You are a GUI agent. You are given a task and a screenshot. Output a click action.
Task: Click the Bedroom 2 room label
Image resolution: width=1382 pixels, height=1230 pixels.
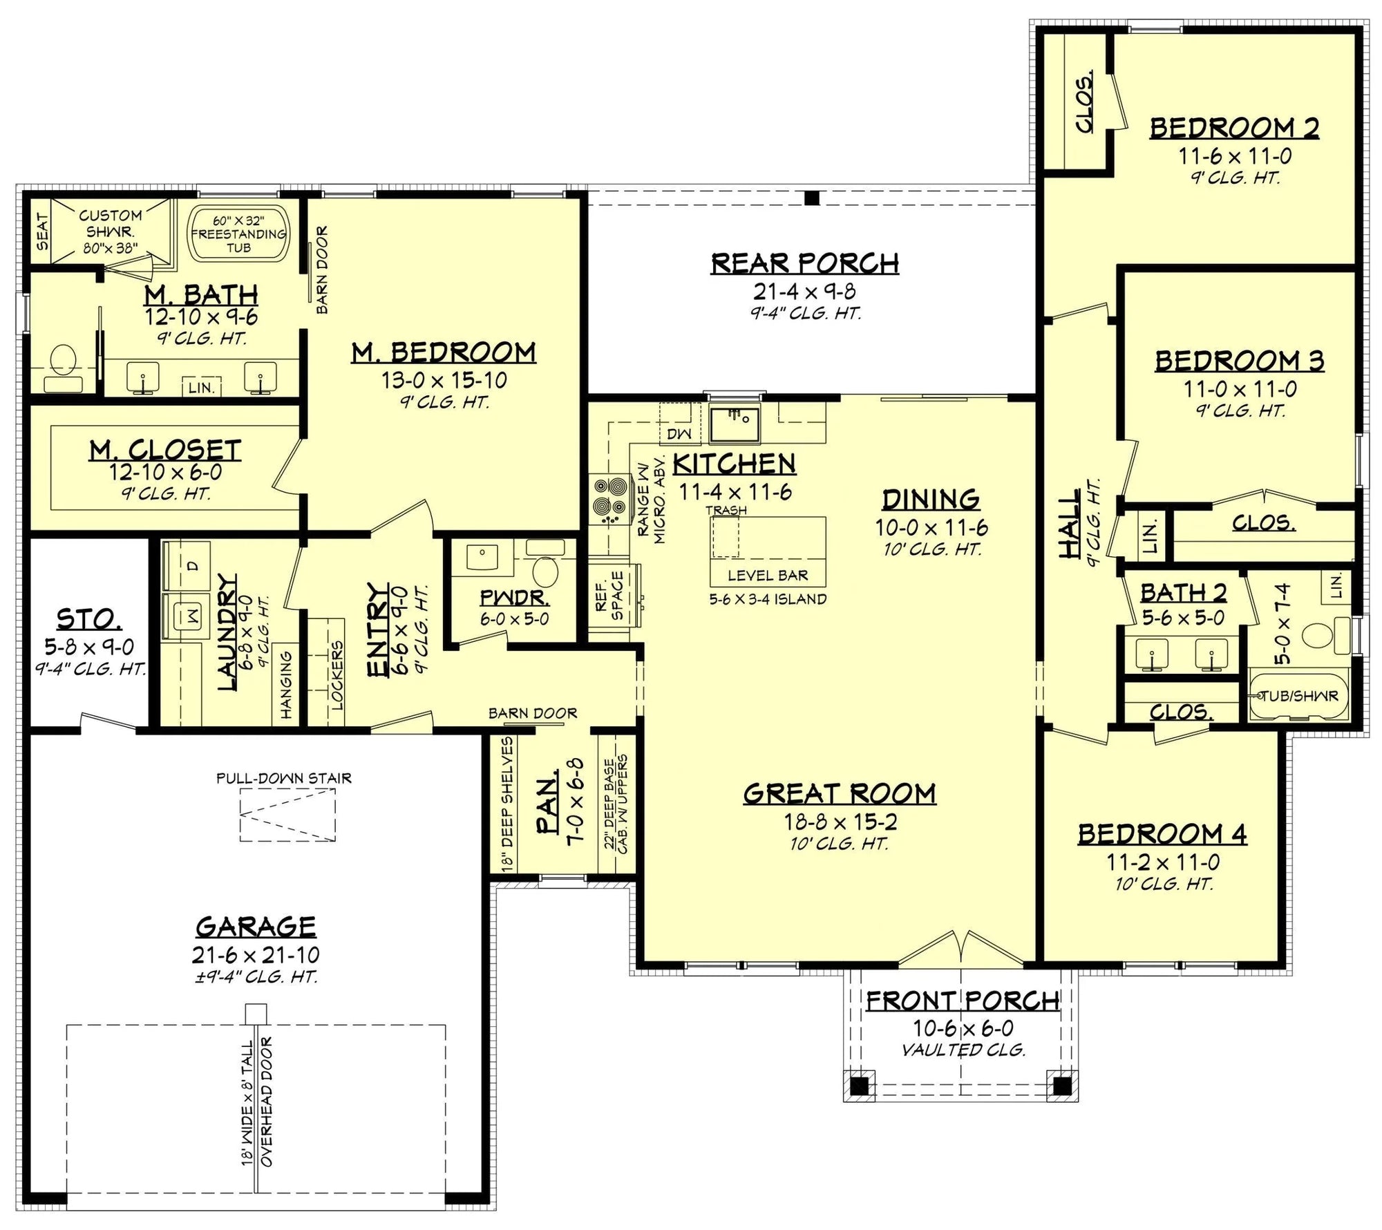point(1234,129)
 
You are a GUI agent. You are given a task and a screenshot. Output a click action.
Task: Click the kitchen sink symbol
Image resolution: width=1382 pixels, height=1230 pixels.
point(735,424)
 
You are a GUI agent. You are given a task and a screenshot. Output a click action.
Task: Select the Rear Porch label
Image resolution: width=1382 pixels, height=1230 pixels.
point(805,263)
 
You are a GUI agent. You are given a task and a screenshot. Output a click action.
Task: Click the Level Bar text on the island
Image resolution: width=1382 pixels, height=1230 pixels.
point(768,575)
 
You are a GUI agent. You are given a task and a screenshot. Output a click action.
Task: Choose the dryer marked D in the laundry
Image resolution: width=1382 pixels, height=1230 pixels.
point(191,566)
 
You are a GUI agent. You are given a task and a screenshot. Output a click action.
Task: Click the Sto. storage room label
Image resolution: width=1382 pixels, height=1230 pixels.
point(89,620)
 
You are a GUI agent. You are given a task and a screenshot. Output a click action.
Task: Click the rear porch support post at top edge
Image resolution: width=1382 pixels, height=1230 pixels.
point(812,198)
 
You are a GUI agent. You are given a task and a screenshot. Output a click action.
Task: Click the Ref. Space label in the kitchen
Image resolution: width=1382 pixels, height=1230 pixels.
point(609,594)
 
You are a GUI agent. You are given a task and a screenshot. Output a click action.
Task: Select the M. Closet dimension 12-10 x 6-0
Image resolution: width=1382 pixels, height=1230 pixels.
point(165,473)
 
